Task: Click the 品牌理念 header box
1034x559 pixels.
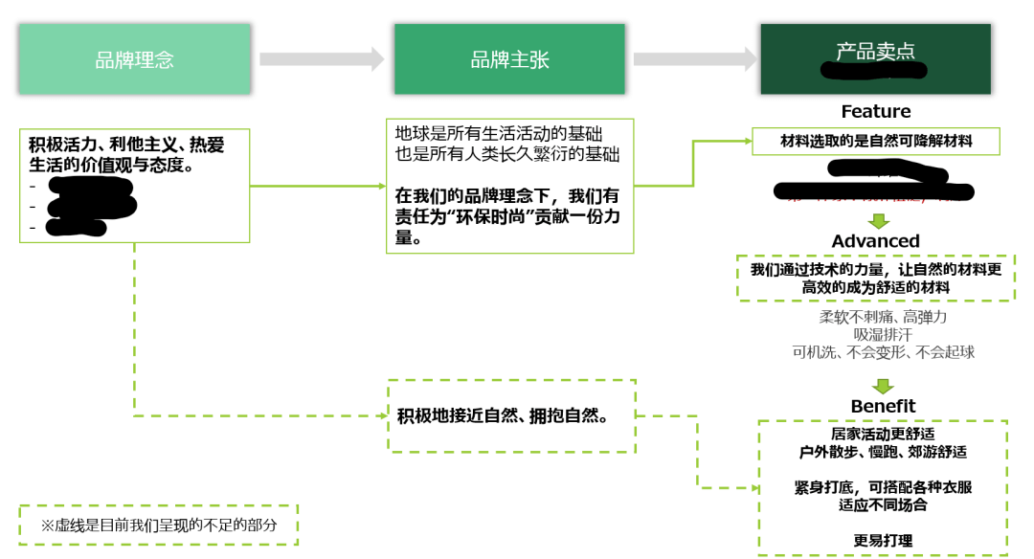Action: pos(135,59)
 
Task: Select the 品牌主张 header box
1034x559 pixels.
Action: pos(509,59)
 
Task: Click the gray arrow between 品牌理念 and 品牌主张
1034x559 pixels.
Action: pos(322,59)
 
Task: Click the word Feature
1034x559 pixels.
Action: pos(875,112)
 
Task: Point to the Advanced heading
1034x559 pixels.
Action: pos(875,241)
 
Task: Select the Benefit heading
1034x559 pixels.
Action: pos(883,406)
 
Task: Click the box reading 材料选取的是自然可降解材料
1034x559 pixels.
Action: pos(876,141)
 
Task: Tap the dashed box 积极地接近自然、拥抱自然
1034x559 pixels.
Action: pos(511,416)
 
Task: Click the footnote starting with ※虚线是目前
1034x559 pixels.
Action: pos(158,525)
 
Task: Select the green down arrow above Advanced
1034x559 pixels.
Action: pos(878,221)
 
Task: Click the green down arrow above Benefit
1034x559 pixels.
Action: pos(878,385)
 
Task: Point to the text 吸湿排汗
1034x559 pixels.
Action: pos(883,334)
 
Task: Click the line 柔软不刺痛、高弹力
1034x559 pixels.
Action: pos(883,316)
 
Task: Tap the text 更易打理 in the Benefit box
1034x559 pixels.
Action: pos(883,541)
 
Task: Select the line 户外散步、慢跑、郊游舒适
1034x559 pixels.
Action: pos(883,452)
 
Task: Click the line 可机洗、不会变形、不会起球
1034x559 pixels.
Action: pos(883,352)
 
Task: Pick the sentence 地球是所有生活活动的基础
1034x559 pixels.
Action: pos(500,134)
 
